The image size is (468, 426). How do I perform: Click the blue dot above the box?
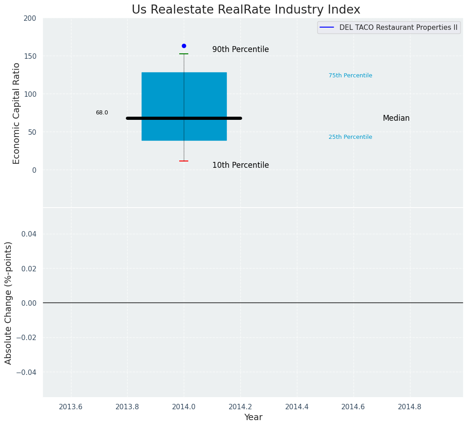point(184,46)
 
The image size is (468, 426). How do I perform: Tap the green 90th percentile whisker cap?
point(184,54)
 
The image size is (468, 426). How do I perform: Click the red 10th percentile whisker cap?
point(184,161)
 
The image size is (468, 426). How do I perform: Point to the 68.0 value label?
point(102,113)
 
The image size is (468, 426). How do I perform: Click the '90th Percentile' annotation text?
point(240,49)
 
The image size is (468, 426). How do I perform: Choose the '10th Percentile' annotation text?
point(240,165)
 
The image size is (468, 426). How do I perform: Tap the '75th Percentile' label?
point(350,76)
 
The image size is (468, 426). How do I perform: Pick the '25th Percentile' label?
point(350,137)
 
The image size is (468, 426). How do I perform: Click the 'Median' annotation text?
point(396,118)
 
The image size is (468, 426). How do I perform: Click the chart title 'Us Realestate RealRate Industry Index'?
point(246,10)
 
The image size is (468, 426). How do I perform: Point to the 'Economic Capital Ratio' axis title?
point(17,113)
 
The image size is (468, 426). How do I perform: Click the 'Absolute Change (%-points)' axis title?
point(9,303)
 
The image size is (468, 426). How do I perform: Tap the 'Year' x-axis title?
point(253,417)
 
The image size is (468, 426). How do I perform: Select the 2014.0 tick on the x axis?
point(184,407)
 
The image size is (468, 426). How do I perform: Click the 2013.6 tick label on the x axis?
point(71,407)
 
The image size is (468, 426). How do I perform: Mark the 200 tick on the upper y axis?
point(30,18)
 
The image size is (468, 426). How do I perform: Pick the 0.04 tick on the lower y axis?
point(28,234)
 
